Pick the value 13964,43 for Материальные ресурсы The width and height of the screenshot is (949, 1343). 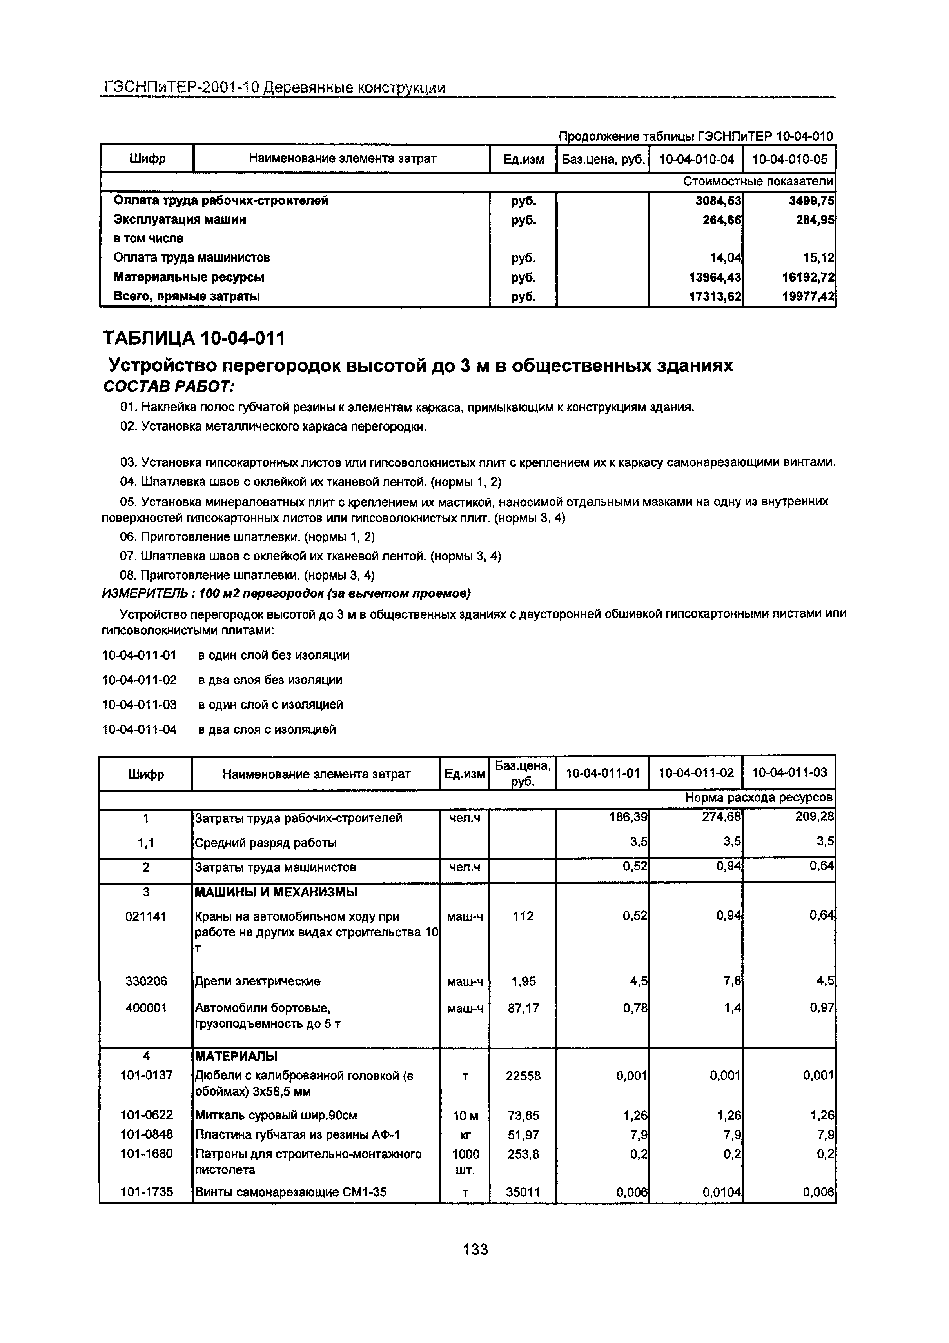(715, 277)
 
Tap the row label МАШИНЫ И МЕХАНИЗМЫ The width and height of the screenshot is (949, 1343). (276, 892)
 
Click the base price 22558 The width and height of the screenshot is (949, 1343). (523, 1075)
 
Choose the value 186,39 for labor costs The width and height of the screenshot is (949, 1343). (628, 817)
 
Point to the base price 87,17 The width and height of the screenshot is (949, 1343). (523, 1008)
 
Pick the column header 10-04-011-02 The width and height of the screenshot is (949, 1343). (696, 773)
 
